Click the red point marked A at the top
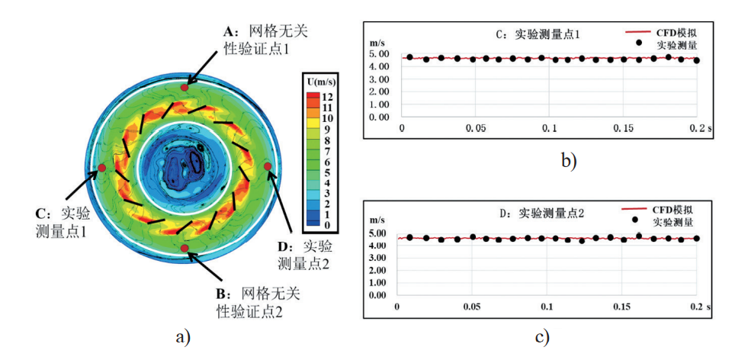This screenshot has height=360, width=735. (x=184, y=88)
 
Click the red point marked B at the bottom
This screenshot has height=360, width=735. (x=184, y=248)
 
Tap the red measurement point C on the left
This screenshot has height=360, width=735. (x=101, y=167)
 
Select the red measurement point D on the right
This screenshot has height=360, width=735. (x=267, y=166)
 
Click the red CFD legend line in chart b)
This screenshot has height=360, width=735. (x=638, y=34)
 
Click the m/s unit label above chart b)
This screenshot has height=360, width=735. (x=375, y=42)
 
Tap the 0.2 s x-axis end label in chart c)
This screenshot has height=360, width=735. (x=698, y=306)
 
